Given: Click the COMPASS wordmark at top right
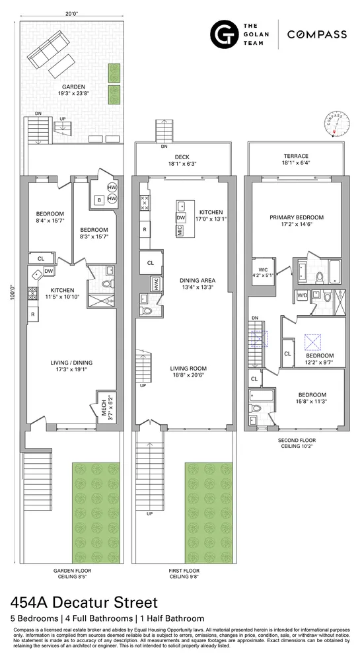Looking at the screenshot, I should pos(317,34).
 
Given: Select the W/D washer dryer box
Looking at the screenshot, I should pos(303,295).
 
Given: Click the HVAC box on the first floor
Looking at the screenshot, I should pos(156,284).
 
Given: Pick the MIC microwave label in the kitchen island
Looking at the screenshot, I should pos(179,231).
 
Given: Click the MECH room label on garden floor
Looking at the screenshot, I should pos(103,399).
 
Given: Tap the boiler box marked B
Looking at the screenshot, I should pos(98,199).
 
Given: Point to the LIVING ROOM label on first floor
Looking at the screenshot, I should pos(188,368).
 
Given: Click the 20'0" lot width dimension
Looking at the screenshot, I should pos(73,11).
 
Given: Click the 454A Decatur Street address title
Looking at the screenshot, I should pos(85,602).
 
